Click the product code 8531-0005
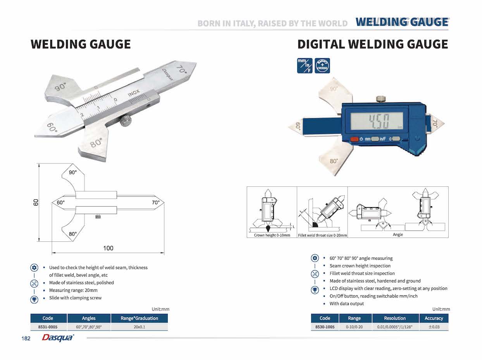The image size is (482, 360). click(x=48, y=327)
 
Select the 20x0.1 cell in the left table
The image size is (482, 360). click(x=139, y=327)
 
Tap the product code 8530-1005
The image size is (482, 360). click(x=325, y=327)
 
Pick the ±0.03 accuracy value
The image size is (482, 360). click(x=434, y=327)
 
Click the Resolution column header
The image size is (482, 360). click(x=395, y=318)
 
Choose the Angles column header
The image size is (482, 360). click(x=89, y=318)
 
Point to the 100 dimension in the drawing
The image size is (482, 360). click(x=108, y=248)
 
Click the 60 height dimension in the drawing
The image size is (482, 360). click(x=36, y=202)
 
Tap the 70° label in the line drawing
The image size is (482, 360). click(x=155, y=203)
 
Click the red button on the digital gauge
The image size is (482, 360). click(x=354, y=139)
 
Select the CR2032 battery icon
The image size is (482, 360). click(x=322, y=66)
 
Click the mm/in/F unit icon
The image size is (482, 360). click(x=304, y=66)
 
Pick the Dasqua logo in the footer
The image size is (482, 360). click(x=58, y=338)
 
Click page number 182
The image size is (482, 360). click(x=26, y=339)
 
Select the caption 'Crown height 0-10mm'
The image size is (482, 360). click(x=272, y=235)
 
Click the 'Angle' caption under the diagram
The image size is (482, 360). click(x=398, y=234)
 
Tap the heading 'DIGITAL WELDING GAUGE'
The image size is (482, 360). click(x=372, y=44)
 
